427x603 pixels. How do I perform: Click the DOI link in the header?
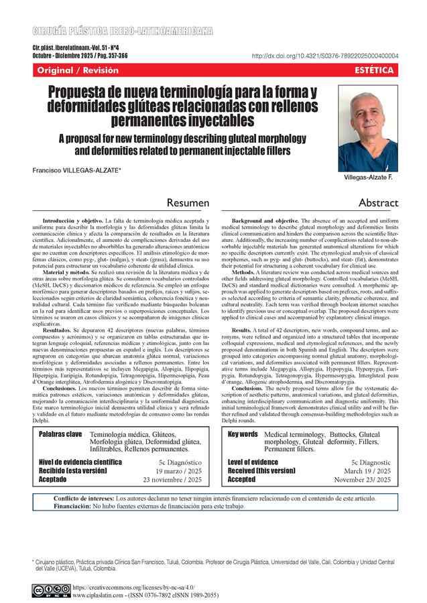pos(324,56)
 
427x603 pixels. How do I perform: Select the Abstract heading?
pos(378,202)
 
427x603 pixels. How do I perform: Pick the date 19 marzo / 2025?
pos(176,471)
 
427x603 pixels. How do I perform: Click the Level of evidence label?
pos(253,462)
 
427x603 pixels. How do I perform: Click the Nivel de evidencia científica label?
pos(80,462)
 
